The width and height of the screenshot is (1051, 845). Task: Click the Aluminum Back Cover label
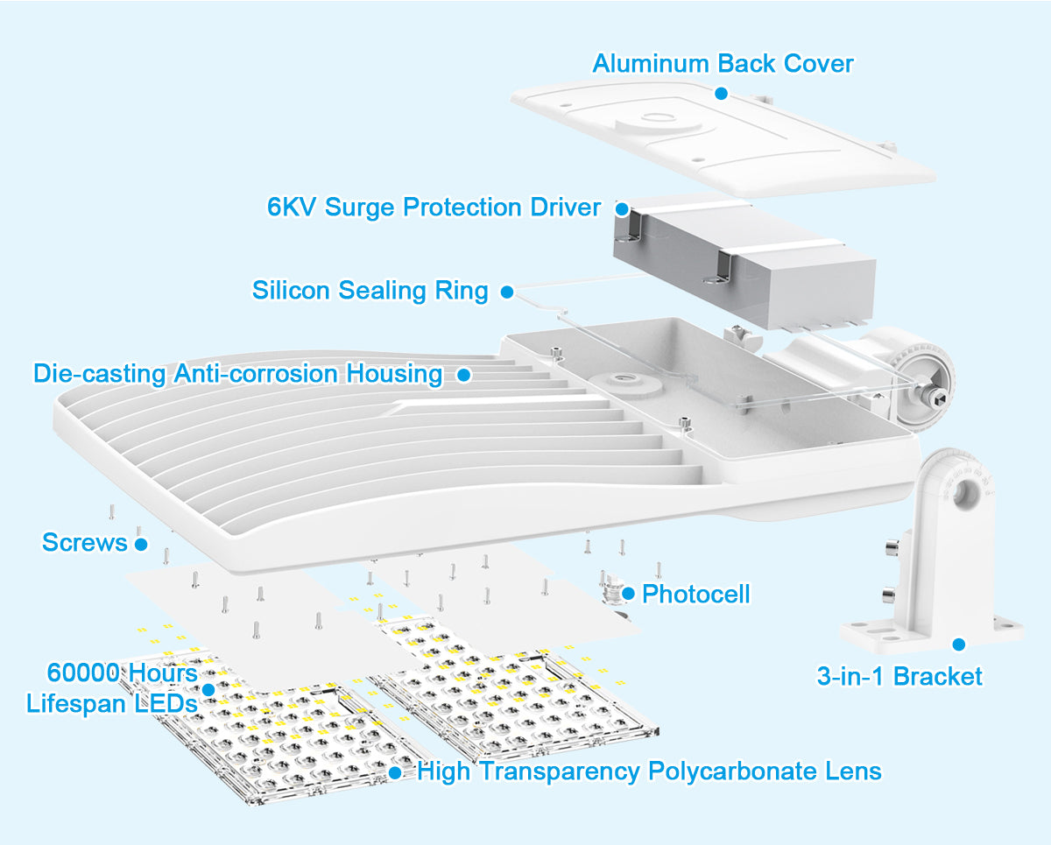(723, 64)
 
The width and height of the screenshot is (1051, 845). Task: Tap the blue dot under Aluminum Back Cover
(721, 93)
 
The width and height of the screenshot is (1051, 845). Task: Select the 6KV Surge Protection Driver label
(434, 208)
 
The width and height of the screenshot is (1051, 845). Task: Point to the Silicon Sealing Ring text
(370, 290)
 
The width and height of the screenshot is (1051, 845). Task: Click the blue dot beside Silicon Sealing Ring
(507, 292)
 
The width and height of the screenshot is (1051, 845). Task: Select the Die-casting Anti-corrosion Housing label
(237, 374)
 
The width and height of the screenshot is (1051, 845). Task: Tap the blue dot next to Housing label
(463, 375)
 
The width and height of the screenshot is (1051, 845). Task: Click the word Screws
(85, 543)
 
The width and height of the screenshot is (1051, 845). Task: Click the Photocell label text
(695, 594)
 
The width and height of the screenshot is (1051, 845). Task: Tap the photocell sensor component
(613, 588)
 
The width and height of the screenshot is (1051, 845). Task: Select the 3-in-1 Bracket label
(899, 676)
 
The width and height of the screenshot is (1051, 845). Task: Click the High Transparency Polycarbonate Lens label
(649, 771)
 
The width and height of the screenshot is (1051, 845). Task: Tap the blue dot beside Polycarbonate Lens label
(395, 772)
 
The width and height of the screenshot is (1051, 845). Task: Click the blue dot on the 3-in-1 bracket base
(958, 644)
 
